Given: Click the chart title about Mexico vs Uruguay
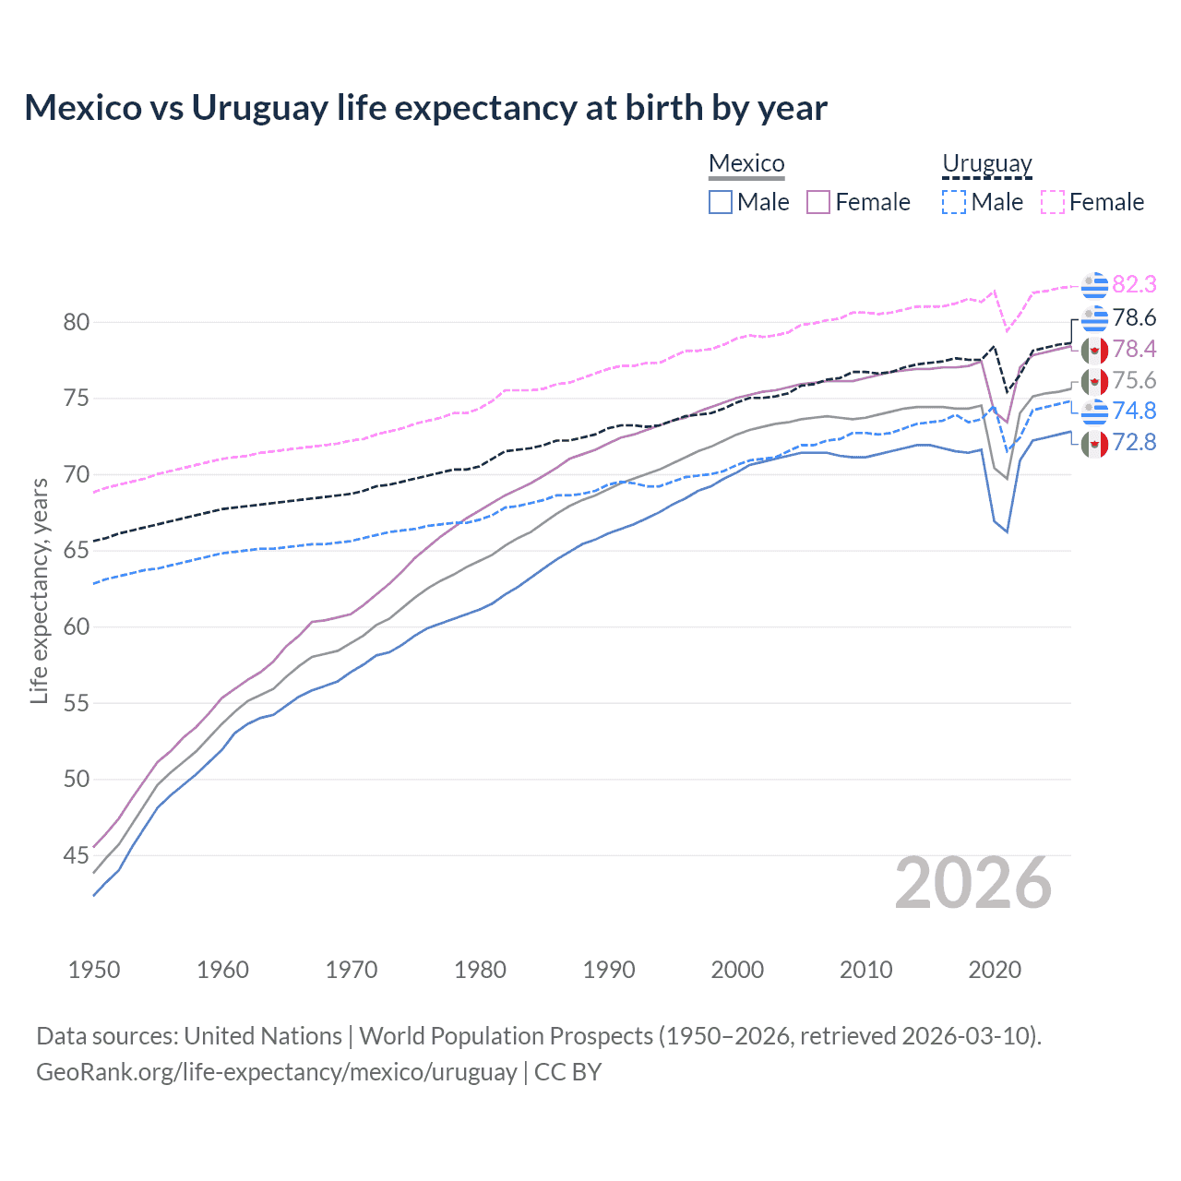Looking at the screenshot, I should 425,108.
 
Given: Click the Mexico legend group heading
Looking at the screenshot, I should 746,163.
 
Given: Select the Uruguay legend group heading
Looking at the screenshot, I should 986,163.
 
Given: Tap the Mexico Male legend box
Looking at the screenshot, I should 721,202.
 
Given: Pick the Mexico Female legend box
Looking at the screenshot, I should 818,202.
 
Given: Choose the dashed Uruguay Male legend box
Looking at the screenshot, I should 954,202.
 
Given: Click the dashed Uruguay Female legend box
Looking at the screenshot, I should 1053,202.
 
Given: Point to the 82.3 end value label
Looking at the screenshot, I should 1134,284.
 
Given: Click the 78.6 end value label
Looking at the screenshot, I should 1134,317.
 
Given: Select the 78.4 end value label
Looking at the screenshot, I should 1134,349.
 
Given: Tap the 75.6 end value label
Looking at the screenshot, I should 1134,380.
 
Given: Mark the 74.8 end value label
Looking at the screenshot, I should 1134,411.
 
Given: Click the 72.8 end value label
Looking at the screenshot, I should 1134,442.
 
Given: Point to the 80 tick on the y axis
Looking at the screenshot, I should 77,322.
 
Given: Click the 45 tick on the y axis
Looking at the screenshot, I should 77,855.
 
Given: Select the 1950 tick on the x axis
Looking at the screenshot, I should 94,970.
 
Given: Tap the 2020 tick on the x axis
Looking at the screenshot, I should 995,970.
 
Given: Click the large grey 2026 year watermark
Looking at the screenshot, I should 972,884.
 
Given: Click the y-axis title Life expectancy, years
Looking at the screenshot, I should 39,590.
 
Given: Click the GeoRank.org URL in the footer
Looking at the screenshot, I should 277,1072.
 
